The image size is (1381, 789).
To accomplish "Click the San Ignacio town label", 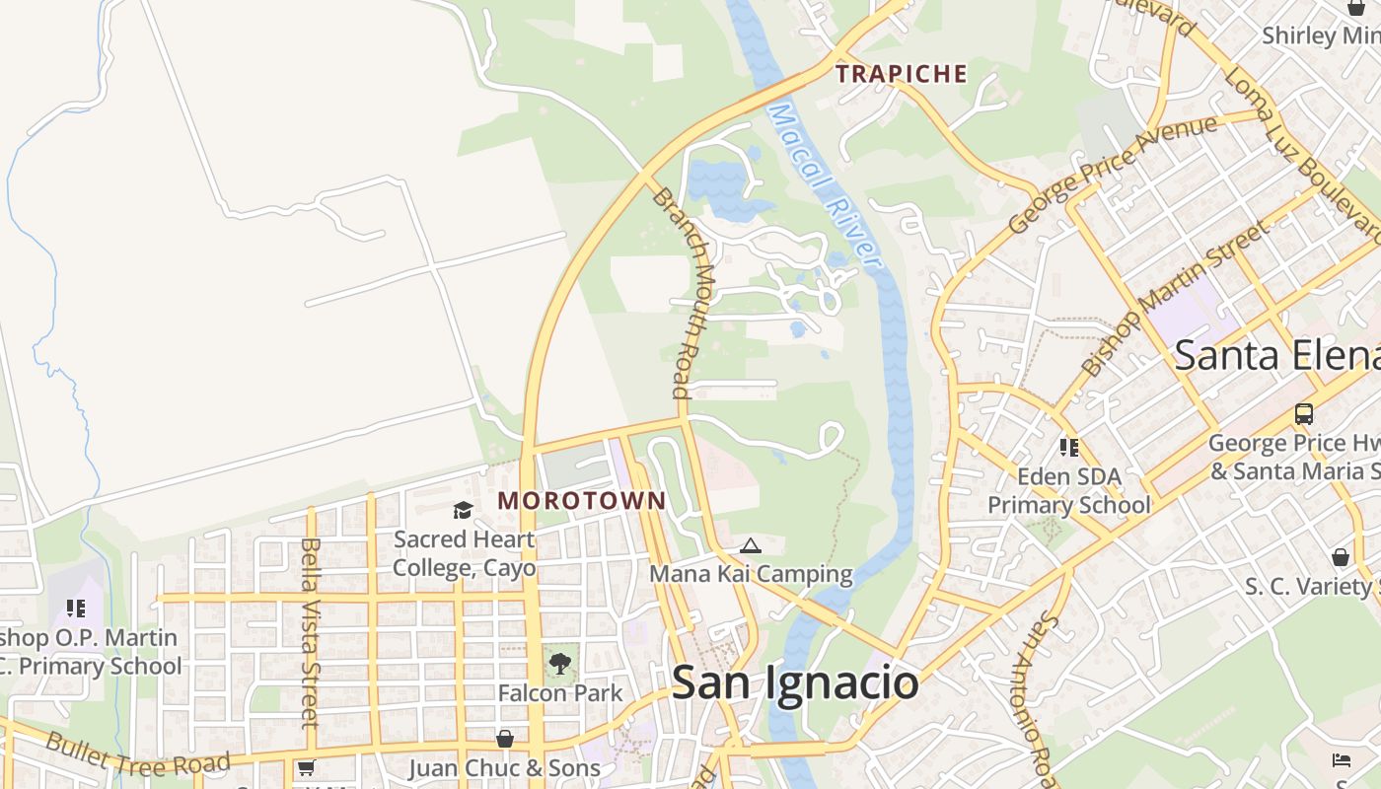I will [x=795, y=682].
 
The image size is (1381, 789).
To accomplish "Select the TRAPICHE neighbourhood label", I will [x=902, y=74].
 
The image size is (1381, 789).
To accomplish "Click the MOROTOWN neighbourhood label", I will [x=582, y=501].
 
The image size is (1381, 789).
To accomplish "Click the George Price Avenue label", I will [x=1114, y=175].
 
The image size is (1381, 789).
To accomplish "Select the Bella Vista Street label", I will [x=310, y=631].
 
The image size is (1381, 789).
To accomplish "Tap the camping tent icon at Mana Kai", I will [x=751, y=545].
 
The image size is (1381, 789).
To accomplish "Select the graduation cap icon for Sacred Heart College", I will [x=463, y=510].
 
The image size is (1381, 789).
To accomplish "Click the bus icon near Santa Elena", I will [x=1304, y=414].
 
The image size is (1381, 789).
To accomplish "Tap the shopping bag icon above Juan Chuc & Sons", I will [x=505, y=739].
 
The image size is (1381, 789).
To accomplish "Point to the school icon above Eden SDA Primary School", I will [x=1069, y=449].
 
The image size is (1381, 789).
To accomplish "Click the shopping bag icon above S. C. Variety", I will [x=1341, y=558].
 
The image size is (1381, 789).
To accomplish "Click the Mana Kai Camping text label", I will [x=751, y=573].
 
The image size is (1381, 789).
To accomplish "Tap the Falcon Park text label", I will [x=560, y=693].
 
